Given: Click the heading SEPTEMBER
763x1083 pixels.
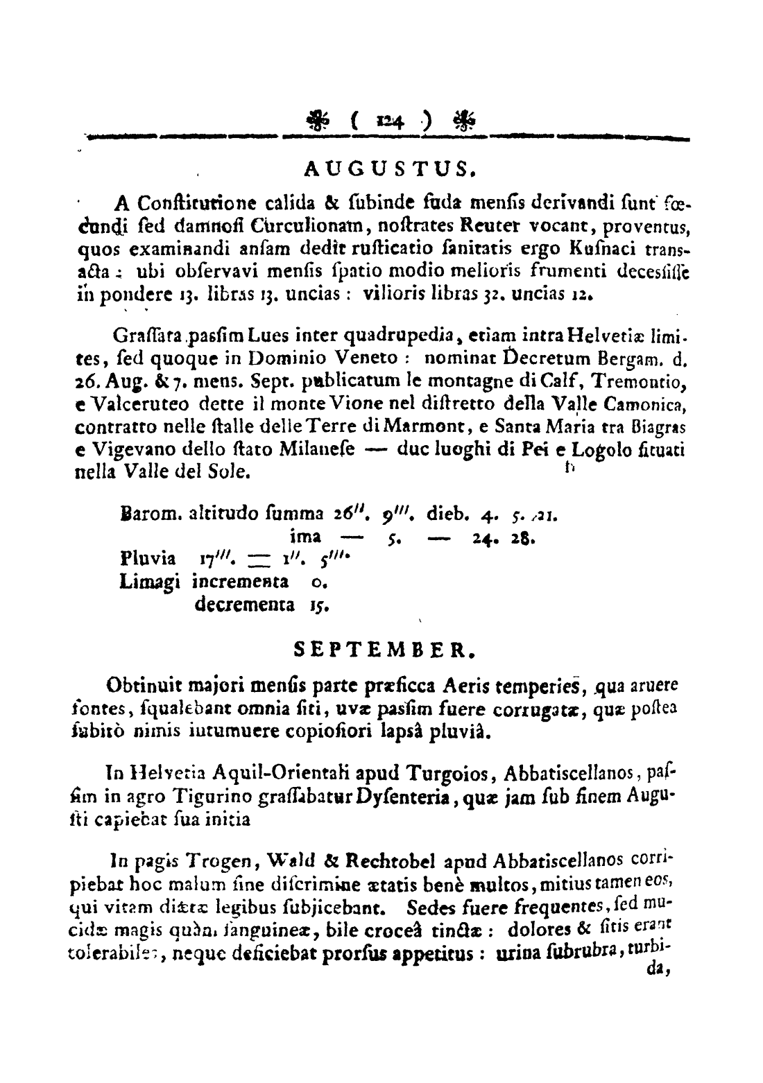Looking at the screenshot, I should pos(383,650).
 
